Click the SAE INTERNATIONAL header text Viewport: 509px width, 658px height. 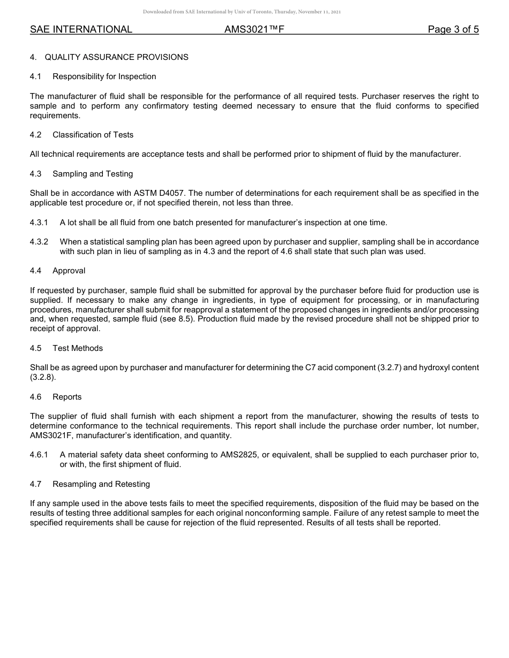(81, 29)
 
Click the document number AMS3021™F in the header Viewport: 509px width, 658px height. (254, 29)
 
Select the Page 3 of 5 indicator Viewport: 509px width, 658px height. (453, 29)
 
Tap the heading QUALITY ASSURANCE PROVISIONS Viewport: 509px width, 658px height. (116, 57)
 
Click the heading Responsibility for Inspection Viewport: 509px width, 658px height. (104, 76)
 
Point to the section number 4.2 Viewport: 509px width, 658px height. (36, 135)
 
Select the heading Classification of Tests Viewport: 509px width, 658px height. (93, 135)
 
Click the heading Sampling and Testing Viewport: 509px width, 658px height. (93, 174)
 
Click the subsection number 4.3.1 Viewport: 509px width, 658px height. (39, 223)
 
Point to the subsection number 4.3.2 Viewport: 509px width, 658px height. (39, 242)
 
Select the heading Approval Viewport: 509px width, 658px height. (69, 271)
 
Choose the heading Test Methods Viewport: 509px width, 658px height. (78, 348)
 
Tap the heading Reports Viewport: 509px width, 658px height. (67, 397)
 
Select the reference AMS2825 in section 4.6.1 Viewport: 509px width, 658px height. (239, 455)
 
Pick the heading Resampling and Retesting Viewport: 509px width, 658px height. (101, 484)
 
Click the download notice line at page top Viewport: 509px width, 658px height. (242, 12)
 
